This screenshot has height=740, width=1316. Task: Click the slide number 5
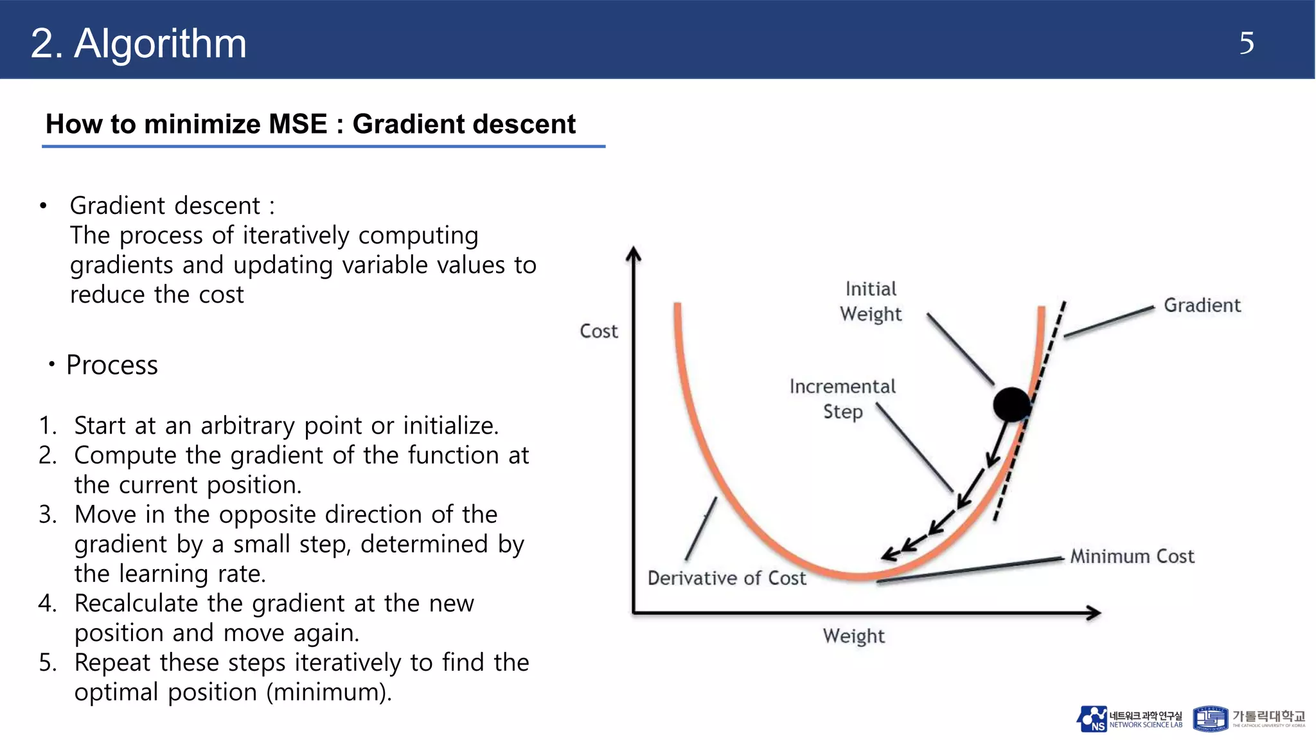tap(1246, 44)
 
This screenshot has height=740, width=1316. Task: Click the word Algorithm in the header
tap(160, 44)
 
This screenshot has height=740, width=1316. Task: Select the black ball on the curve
tap(1011, 405)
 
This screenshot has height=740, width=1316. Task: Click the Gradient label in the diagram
tap(1202, 305)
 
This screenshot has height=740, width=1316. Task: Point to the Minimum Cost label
tap(1132, 556)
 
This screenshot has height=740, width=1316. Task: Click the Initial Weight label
tap(871, 301)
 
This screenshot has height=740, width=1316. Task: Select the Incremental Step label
tap(842, 399)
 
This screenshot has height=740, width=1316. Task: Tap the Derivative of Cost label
tap(726, 578)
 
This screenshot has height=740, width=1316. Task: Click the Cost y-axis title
tap(598, 331)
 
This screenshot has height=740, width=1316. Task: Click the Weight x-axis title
tap(853, 636)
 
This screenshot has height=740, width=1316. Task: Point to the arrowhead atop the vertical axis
tap(634, 254)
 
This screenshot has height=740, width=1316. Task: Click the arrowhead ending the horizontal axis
tap(1093, 613)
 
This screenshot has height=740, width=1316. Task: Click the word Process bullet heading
tap(112, 365)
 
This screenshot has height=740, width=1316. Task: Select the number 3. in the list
tap(48, 515)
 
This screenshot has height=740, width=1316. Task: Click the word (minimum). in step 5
tap(328, 692)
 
